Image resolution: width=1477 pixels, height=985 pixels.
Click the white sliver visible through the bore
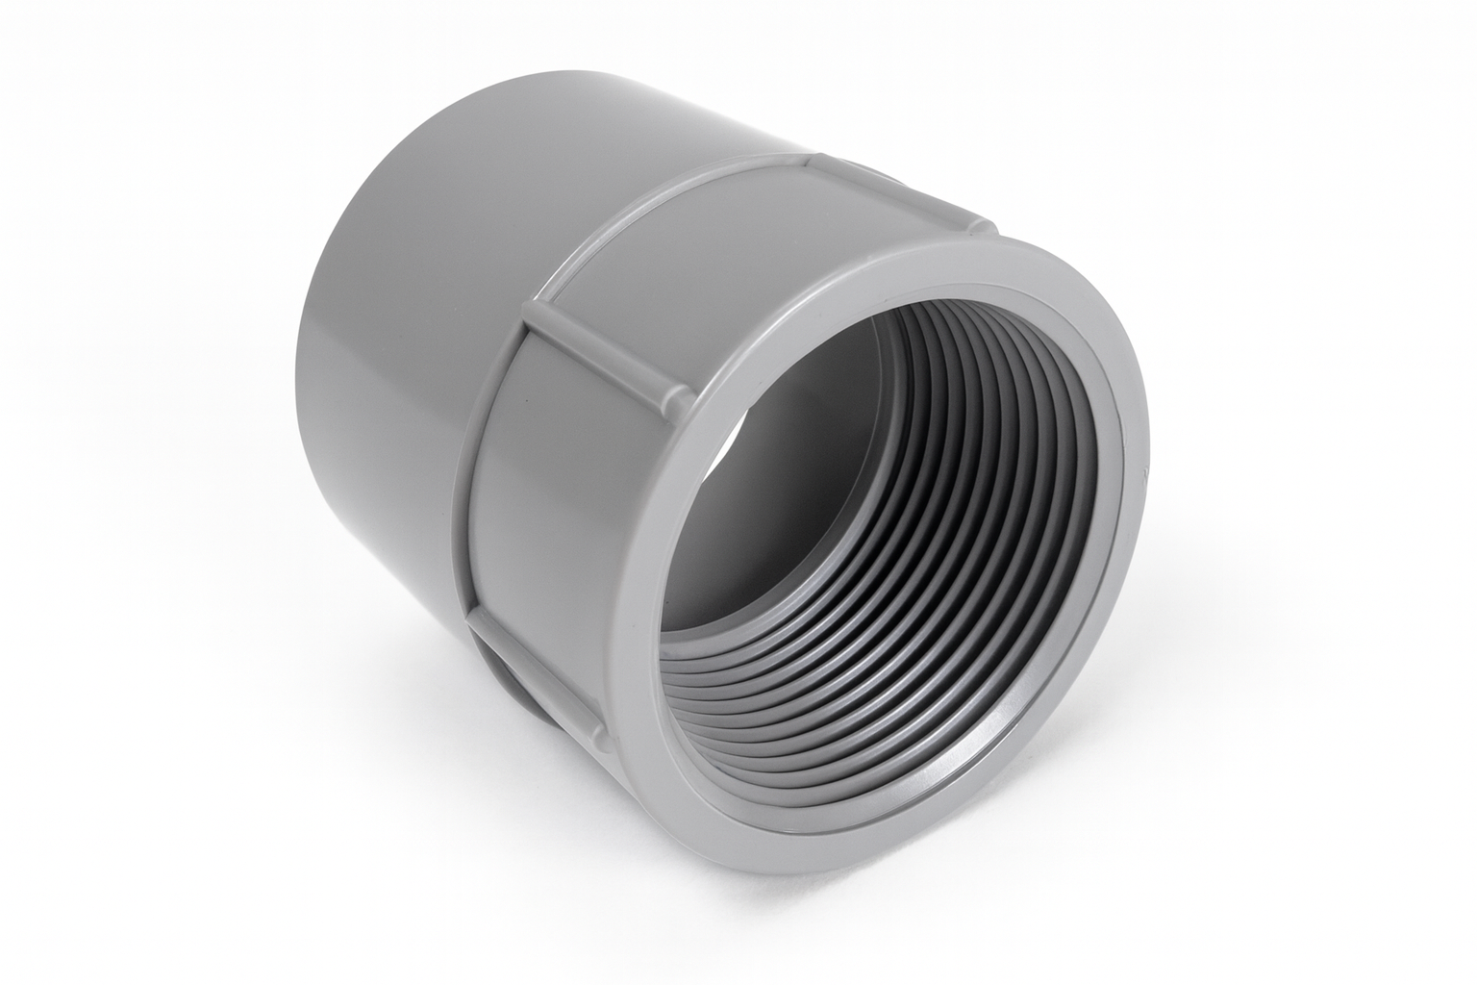coord(736,428)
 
